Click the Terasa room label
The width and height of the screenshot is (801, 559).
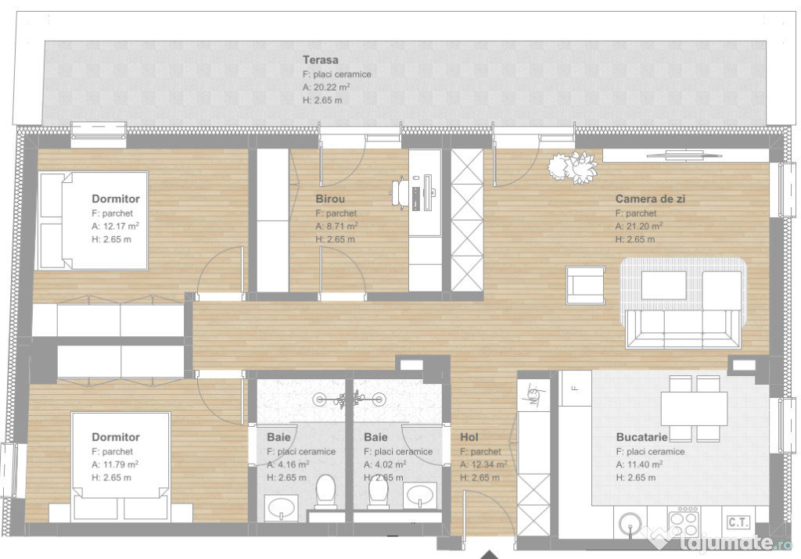tap(321, 60)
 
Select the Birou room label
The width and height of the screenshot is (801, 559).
tap(330, 199)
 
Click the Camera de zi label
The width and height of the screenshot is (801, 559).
tap(650, 199)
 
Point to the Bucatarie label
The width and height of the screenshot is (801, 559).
tap(641, 438)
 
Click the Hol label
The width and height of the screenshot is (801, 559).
tap(469, 438)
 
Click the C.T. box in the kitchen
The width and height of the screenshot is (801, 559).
tap(738, 521)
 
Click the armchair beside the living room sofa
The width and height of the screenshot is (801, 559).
tap(585, 285)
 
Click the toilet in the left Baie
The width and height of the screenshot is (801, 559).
tap(325, 493)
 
